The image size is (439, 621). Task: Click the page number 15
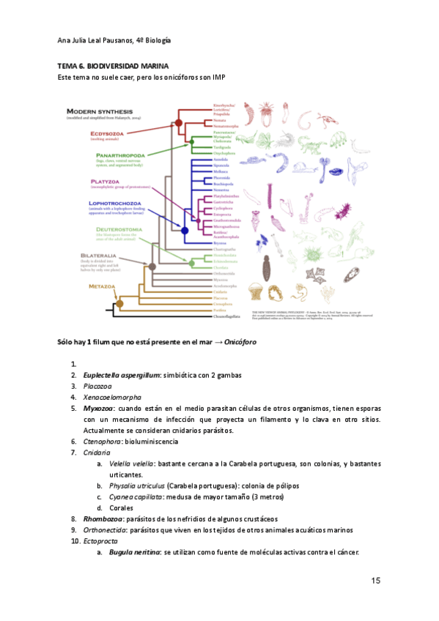click(375, 581)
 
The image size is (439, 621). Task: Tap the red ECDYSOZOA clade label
click(107, 134)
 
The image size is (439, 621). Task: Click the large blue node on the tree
click(185, 231)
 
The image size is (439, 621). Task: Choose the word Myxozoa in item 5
click(97, 408)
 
